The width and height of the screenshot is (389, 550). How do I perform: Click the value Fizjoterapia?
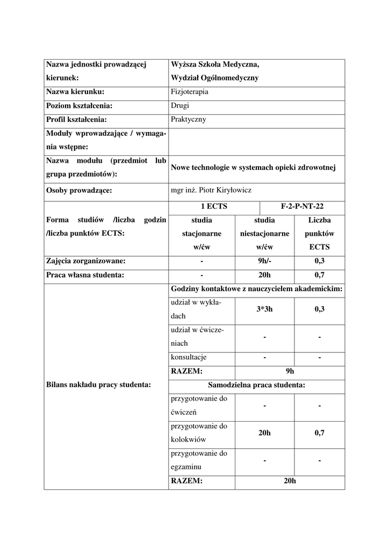[x=190, y=92]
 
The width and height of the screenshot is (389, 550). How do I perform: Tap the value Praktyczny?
[x=188, y=120]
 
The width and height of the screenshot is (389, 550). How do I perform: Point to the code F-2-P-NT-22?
[x=302, y=206]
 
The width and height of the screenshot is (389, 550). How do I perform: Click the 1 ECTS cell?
[x=213, y=206]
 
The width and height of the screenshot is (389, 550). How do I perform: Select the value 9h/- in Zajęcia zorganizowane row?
[x=264, y=262]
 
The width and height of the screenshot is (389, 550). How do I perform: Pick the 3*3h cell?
[x=264, y=309]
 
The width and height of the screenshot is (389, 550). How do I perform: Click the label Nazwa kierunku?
[x=75, y=92]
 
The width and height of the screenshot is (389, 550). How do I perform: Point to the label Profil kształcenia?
[x=77, y=120]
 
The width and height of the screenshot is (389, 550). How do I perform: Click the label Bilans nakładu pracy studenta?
[x=98, y=384]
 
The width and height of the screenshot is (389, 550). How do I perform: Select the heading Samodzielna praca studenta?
[x=256, y=385]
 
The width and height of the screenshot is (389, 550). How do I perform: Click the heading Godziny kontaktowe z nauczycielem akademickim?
[x=256, y=289]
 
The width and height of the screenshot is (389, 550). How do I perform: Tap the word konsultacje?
[x=189, y=357]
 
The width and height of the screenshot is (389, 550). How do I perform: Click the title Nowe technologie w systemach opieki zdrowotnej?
[x=253, y=168]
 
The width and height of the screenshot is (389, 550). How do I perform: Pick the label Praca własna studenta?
[x=85, y=276]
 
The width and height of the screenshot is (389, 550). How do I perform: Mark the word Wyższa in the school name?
[x=182, y=64]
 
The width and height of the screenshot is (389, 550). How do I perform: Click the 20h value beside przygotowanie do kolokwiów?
[x=264, y=433]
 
